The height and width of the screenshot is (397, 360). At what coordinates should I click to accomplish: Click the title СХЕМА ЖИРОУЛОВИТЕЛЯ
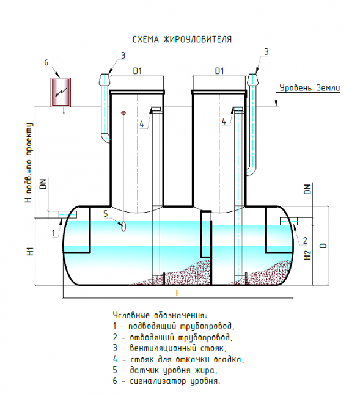(182, 39)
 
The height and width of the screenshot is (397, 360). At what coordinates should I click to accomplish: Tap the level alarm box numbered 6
(61, 92)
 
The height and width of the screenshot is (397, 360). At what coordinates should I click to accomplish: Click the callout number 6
(46, 62)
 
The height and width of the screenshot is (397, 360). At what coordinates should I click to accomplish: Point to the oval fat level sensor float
(123, 226)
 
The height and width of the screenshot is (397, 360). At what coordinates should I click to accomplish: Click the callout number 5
(106, 214)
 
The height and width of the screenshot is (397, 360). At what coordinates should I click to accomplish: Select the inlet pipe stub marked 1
(62, 214)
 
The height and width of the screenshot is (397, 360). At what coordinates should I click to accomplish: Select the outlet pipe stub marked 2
(296, 221)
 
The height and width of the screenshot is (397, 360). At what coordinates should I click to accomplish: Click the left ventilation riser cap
(104, 79)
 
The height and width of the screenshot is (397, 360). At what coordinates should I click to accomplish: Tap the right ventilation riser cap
(253, 79)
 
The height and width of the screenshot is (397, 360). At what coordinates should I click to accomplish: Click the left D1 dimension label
(138, 71)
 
